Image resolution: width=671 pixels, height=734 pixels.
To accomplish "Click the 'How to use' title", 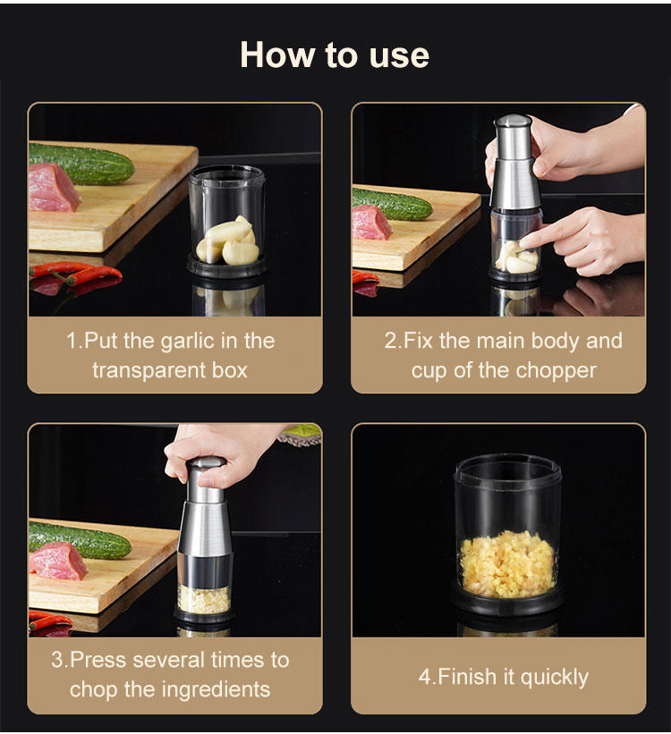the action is pyautogui.click(x=335, y=55).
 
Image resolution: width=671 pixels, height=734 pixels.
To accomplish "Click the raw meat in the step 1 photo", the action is pyautogui.click(x=53, y=188).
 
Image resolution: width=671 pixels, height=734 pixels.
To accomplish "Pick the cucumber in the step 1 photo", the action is pyautogui.click(x=81, y=164).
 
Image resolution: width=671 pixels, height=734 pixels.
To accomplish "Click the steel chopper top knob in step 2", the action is pyautogui.click(x=513, y=122).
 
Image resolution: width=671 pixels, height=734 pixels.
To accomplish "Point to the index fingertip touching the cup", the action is pyautogui.click(x=526, y=243).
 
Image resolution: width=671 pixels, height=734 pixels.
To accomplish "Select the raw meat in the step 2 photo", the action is pyautogui.click(x=371, y=223).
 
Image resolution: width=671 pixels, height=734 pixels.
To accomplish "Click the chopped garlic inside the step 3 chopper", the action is pyautogui.click(x=203, y=599).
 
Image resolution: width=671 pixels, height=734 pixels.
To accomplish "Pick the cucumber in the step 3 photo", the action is pyautogui.click(x=79, y=540).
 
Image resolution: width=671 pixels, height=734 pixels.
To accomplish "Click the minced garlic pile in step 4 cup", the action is pyautogui.click(x=507, y=563).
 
